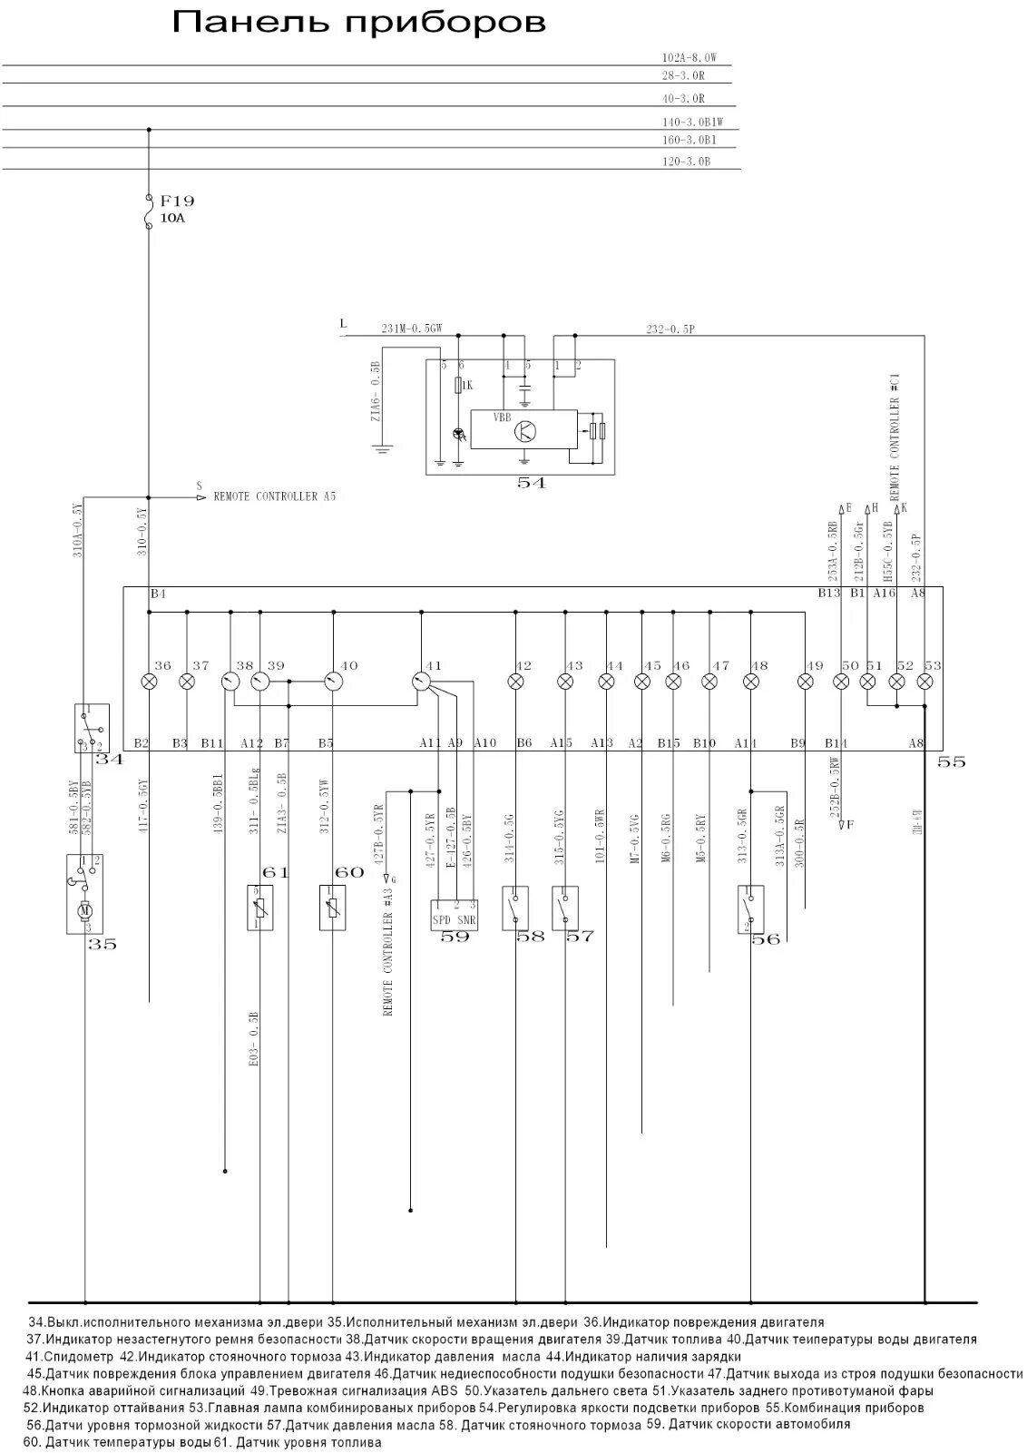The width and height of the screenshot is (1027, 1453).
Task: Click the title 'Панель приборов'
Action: [x=359, y=23]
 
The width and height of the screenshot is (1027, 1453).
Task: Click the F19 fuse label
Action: [x=177, y=201]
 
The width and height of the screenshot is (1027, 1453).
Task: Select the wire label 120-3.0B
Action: [x=686, y=162]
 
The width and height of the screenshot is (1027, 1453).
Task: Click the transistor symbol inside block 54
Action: [x=524, y=431]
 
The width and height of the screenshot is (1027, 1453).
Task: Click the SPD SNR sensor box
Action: [x=455, y=914]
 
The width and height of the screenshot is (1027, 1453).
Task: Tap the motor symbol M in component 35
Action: [x=86, y=909]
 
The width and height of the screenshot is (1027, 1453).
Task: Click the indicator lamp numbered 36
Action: [x=150, y=681]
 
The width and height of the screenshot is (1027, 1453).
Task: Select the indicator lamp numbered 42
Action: [x=516, y=681]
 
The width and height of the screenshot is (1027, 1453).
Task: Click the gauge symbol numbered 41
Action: [x=420, y=681]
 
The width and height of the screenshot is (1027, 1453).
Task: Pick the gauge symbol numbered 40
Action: [x=332, y=681]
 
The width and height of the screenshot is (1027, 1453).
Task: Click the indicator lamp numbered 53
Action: [x=924, y=681]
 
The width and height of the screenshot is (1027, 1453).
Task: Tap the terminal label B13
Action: [x=829, y=594]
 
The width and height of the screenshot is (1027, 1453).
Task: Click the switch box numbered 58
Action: [x=515, y=907]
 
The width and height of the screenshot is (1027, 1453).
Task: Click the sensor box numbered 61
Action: [x=259, y=907]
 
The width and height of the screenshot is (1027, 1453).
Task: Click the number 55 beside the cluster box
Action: [x=952, y=762]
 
